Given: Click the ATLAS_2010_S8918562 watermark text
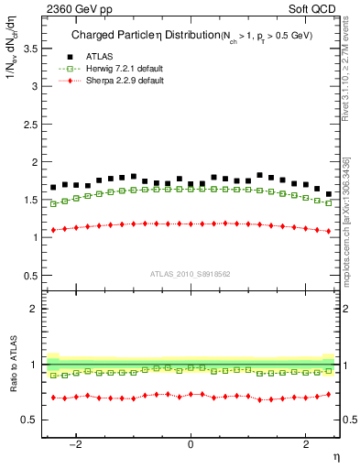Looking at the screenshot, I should [x=191, y=273].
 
